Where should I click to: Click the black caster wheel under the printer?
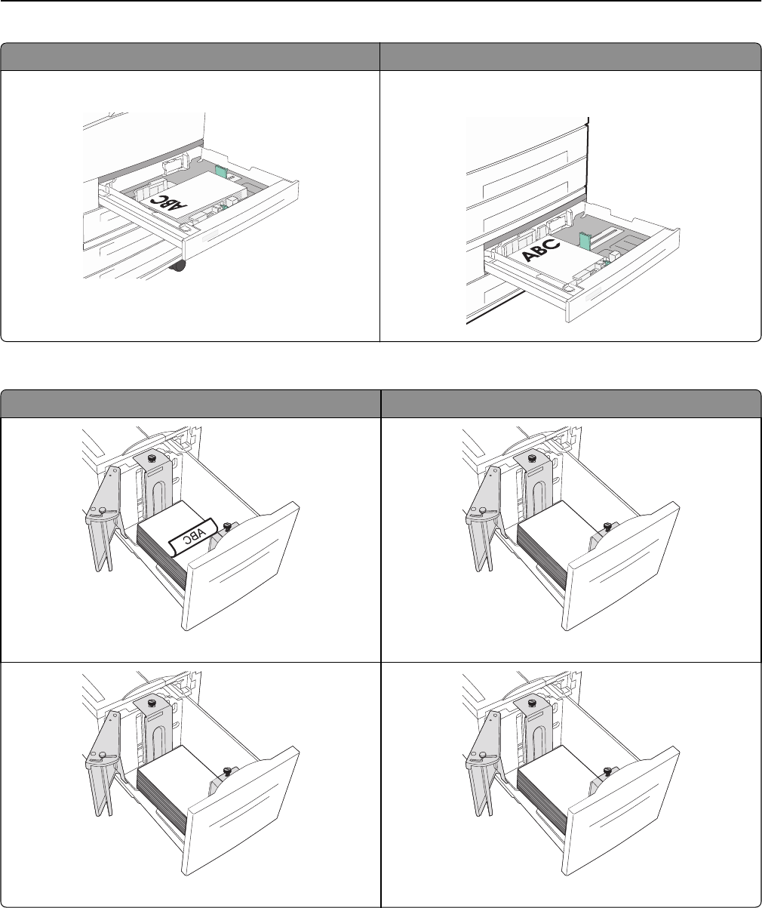pyautogui.click(x=179, y=266)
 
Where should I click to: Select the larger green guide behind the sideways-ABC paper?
pyautogui.click(x=220, y=172)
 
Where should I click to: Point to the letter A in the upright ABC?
pyautogui.click(x=530, y=255)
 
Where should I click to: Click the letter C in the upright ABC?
pyautogui.click(x=553, y=243)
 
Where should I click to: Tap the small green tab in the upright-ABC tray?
pyautogui.click(x=604, y=263)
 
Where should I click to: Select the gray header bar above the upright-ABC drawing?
pyautogui.click(x=570, y=57)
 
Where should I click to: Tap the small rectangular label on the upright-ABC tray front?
pyautogui.click(x=596, y=291)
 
